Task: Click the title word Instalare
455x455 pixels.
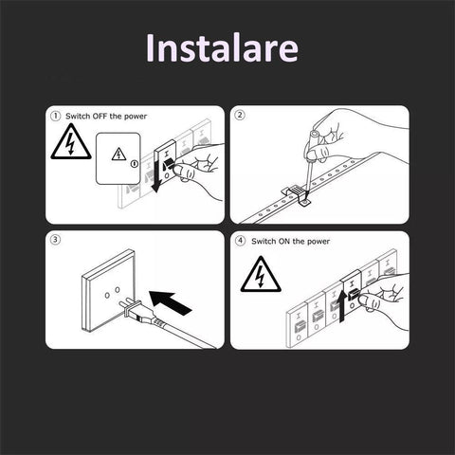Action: (x=222, y=47)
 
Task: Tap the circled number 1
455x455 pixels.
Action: (x=55, y=116)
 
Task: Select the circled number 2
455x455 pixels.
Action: (x=240, y=115)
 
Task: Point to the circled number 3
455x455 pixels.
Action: (x=55, y=240)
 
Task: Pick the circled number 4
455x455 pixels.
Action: (x=241, y=241)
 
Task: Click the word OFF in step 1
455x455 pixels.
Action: (x=100, y=117)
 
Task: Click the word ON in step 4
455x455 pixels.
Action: (x=284, y=242)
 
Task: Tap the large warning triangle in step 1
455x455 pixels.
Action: (x=71, y=141)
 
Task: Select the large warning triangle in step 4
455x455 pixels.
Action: (x=261, y=274)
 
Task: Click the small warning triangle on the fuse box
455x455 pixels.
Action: (x=118, y=155)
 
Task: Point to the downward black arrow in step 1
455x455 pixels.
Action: (x=156, y=173)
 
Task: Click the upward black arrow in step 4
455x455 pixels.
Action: (x=342, y=306)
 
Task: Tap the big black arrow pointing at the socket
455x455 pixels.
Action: (x=170, y=302)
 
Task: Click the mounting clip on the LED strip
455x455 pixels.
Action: (x=297, y=195)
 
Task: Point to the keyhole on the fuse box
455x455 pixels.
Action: (x=135, y=164)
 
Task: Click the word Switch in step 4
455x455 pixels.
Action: (x=264, y=242)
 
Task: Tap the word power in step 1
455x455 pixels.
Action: (x=136, y=117)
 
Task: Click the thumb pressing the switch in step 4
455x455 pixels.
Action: (x=367, y=300)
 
